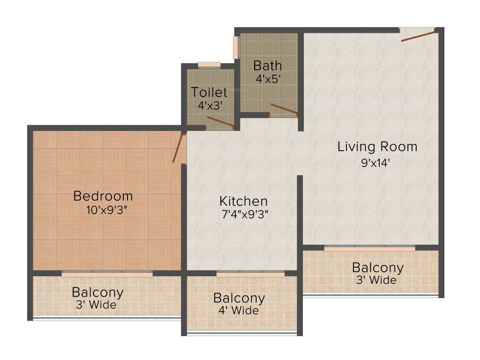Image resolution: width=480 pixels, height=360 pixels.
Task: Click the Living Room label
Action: pyautogui.click(x=377, y=147)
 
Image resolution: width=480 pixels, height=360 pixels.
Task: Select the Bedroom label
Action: pyautogui.click(x=103, y=196)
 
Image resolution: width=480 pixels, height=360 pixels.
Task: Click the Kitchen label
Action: pyautogui.click(x=243, y=202)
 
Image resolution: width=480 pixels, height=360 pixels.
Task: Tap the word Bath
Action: pyautogui.click(x=268, y=65)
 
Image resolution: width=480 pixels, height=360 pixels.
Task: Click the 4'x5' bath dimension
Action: pyautogui.click(x=268, y=79)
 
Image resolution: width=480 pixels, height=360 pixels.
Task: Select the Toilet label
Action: pyautogui.click(x=209, y=92)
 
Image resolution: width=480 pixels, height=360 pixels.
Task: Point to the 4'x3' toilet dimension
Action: pyautogui.click(x=209, y=105)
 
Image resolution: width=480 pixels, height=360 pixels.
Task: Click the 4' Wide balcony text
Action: pyautogui.click(x=239, y=310)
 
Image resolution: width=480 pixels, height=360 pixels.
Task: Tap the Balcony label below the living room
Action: pyautogui.click(x=377, y=268)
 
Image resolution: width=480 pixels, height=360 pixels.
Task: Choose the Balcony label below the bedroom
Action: pyautogui.click(x=97, y=292)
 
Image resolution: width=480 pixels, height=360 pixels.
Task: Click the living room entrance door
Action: pyautogui.click(x=418, y=35)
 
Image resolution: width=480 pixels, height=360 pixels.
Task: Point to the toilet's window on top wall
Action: pyautogui.click(x=209, y=65)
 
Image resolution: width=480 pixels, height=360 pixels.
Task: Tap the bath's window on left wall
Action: pyautogui.click(x=236, y=47)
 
